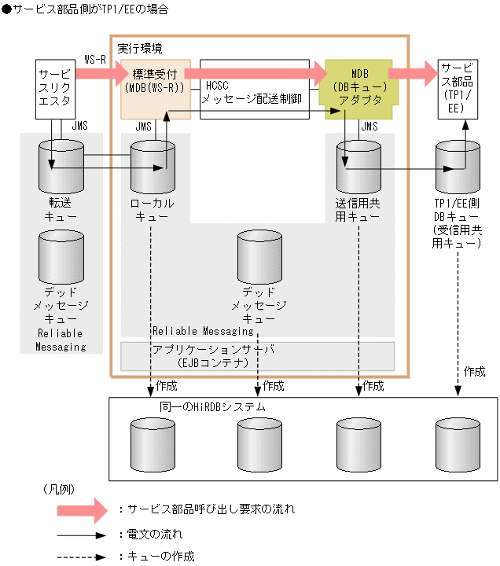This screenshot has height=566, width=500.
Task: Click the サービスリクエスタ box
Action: tap(55, 89)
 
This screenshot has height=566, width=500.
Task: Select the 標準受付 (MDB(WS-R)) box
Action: tap(155, 81)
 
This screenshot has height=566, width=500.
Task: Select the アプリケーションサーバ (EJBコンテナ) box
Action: tap(257, 355)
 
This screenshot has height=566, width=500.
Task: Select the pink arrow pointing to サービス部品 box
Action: tap(412, 74)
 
